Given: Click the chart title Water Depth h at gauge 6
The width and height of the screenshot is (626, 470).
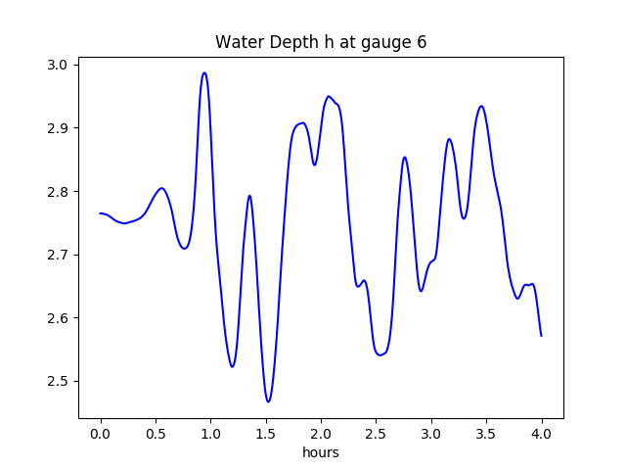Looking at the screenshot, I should [x=321, y=42].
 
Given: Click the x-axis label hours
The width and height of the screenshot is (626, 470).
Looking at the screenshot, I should [x=321, y=453].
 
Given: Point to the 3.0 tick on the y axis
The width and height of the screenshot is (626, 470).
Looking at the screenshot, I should [x=58, y=66].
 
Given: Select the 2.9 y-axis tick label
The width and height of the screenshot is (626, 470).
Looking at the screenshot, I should [x=58, y=128].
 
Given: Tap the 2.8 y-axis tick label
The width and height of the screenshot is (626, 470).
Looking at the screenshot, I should [x=58, y=192].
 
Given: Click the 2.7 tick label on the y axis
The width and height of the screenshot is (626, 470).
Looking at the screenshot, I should [x=58, y=255].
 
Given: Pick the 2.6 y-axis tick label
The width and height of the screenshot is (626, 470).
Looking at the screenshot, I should [x=58, y=318].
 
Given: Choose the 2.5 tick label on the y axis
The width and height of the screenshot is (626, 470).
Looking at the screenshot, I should [x=58, y=382].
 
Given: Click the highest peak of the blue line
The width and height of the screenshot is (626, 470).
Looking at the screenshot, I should [x=204, y=72].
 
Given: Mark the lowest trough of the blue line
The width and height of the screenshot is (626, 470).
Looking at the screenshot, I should [x=268, y=401].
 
